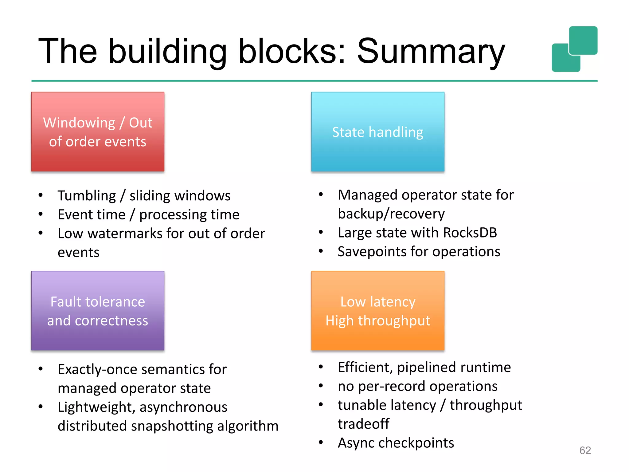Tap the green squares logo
pos(574,49)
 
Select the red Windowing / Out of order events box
pos(98,132)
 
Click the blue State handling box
pos(377,132)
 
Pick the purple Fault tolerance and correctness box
pos(98,311)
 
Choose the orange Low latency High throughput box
pos(377,311)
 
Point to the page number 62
pos(585,450)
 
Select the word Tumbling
pos(87,196)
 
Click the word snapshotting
pos(172,426)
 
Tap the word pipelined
pos(422,368)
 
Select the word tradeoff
pos(363,424)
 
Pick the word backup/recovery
pos(391,214)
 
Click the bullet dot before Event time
pos(41,214)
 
